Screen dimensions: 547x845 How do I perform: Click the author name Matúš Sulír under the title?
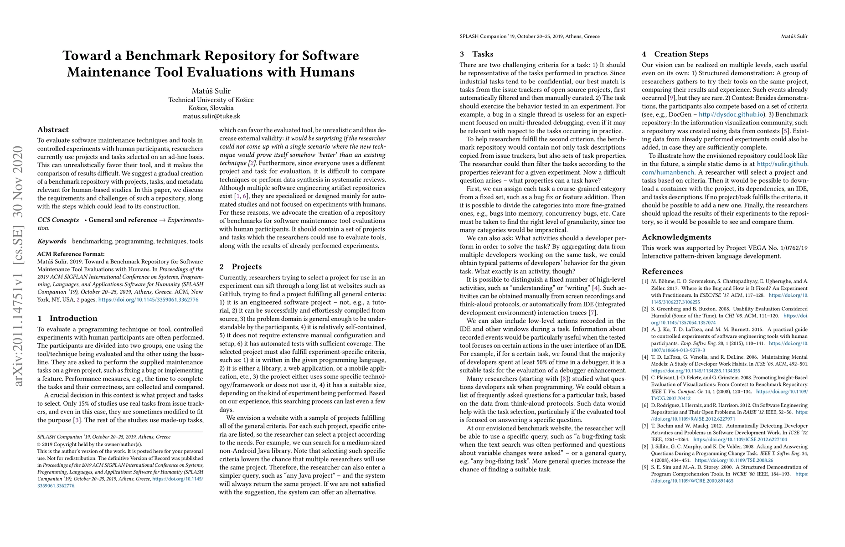211,90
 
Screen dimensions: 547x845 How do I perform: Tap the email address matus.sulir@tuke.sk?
211,116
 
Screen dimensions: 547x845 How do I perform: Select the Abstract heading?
53,129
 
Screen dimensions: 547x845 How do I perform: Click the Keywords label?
52,241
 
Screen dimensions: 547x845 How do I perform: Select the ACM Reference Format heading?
71,254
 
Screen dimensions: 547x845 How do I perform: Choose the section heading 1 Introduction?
67,318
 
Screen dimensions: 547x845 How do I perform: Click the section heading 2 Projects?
241,267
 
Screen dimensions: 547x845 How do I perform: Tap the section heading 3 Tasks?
477,54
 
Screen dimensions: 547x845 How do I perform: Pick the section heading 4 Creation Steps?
675,54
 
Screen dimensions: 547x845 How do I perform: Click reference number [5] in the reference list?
645,377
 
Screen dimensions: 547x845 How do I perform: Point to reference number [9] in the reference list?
645,467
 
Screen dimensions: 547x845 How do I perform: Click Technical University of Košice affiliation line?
211,100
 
